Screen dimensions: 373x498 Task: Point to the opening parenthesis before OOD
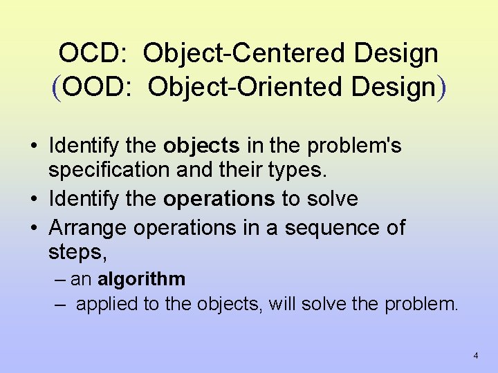[56, 87]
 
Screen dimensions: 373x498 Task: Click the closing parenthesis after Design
[441, 87]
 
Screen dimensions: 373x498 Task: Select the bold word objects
[201, 146]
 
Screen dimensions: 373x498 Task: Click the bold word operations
[219, 199]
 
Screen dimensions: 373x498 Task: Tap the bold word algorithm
[141, 279]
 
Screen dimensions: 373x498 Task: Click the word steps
[76, 253]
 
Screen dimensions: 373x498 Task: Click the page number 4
[476, 356]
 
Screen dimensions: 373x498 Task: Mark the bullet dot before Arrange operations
[33, 227]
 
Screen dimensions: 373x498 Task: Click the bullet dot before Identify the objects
[33, 146]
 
